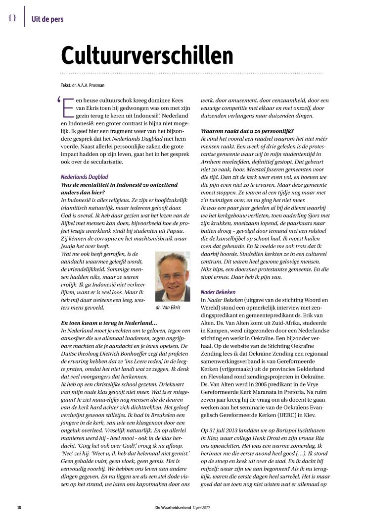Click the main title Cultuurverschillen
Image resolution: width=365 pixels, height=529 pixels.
(147, 55)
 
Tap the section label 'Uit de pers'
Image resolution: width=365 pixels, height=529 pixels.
(47, 19)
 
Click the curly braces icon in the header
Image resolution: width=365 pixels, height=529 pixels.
(12, 18)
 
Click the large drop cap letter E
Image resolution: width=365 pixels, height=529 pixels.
(67, 106)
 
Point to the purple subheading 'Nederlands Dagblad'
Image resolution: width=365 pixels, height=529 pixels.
(84, 177)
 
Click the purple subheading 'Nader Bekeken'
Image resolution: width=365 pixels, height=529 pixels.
(218, 292)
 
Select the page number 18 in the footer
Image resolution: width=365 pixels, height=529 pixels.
(19, 508)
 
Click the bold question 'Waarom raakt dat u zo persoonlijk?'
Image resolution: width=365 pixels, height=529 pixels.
(247, 131)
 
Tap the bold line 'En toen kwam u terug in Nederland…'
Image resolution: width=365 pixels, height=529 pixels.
(108, 323)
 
